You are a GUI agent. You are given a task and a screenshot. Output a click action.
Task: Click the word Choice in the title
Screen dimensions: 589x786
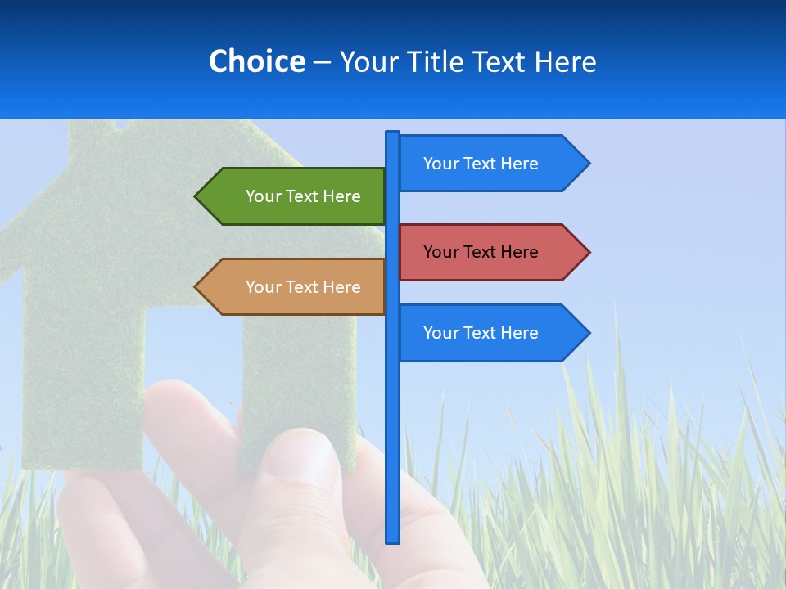pos(256,61)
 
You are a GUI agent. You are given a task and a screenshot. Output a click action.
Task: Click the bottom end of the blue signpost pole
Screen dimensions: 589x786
pos(393,540)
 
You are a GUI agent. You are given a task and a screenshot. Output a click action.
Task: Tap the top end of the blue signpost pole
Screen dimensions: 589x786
pos(393,133)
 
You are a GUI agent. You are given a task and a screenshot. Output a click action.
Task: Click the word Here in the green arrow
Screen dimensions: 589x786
pos(341,196)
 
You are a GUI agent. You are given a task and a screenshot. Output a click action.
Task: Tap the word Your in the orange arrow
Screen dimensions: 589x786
pos(263,287)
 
